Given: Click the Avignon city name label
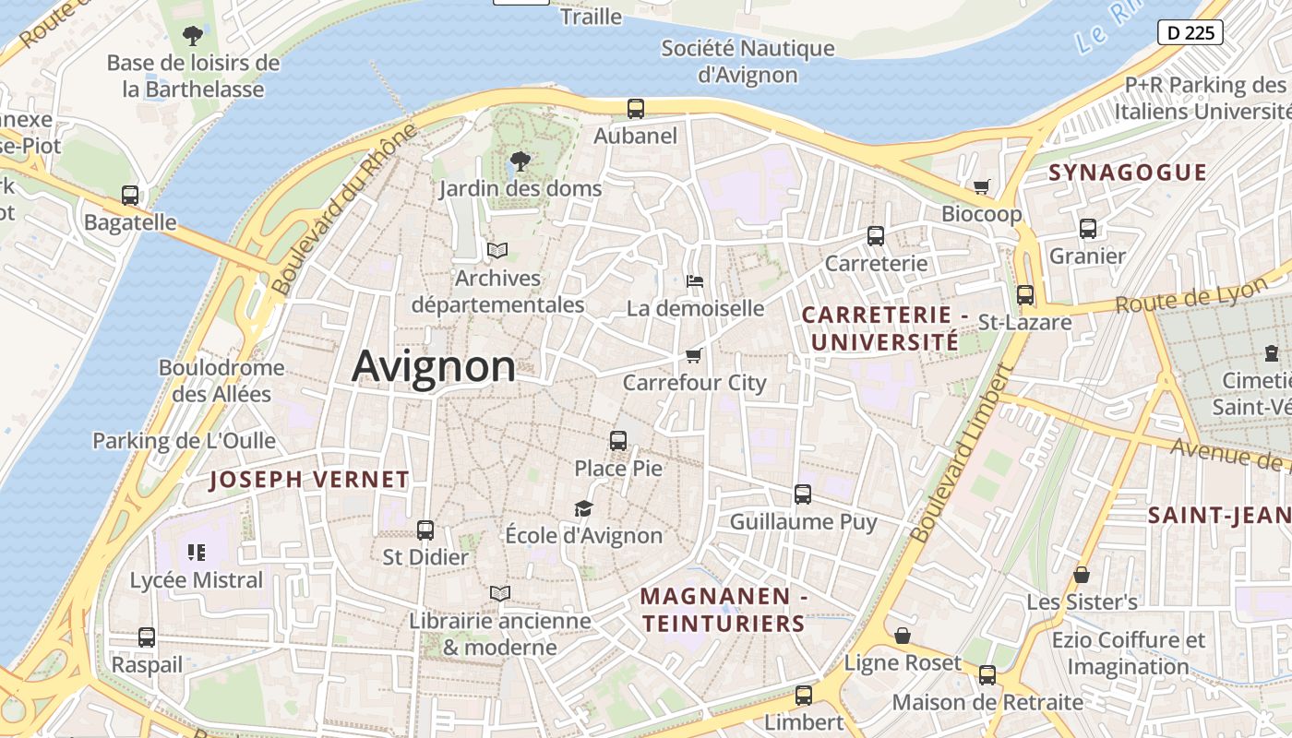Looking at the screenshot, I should [434, 366].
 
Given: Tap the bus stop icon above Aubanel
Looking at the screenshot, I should [636, 108].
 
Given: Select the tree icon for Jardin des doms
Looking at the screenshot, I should [520, 161].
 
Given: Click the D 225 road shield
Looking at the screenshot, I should [1190, 32].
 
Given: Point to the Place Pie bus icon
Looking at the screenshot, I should [618, 441].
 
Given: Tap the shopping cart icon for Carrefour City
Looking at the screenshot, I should [694, 355].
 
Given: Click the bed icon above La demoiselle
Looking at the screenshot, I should [695, 280].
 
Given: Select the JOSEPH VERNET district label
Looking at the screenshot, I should [309, 480].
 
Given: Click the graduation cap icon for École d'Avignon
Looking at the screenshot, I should [583, 508].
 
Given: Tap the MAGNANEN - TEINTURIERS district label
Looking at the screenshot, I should [724, 610].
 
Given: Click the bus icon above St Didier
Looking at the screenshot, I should [425, 530].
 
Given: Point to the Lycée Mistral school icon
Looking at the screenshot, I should [196, 553].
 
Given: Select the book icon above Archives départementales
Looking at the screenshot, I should [497, 250].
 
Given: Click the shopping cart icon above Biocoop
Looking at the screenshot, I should [982, 186].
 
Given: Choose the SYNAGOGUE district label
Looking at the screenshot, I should [1128, 173].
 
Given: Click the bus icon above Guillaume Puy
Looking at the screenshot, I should [803, 494].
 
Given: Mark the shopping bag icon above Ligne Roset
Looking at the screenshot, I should [903, 636].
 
